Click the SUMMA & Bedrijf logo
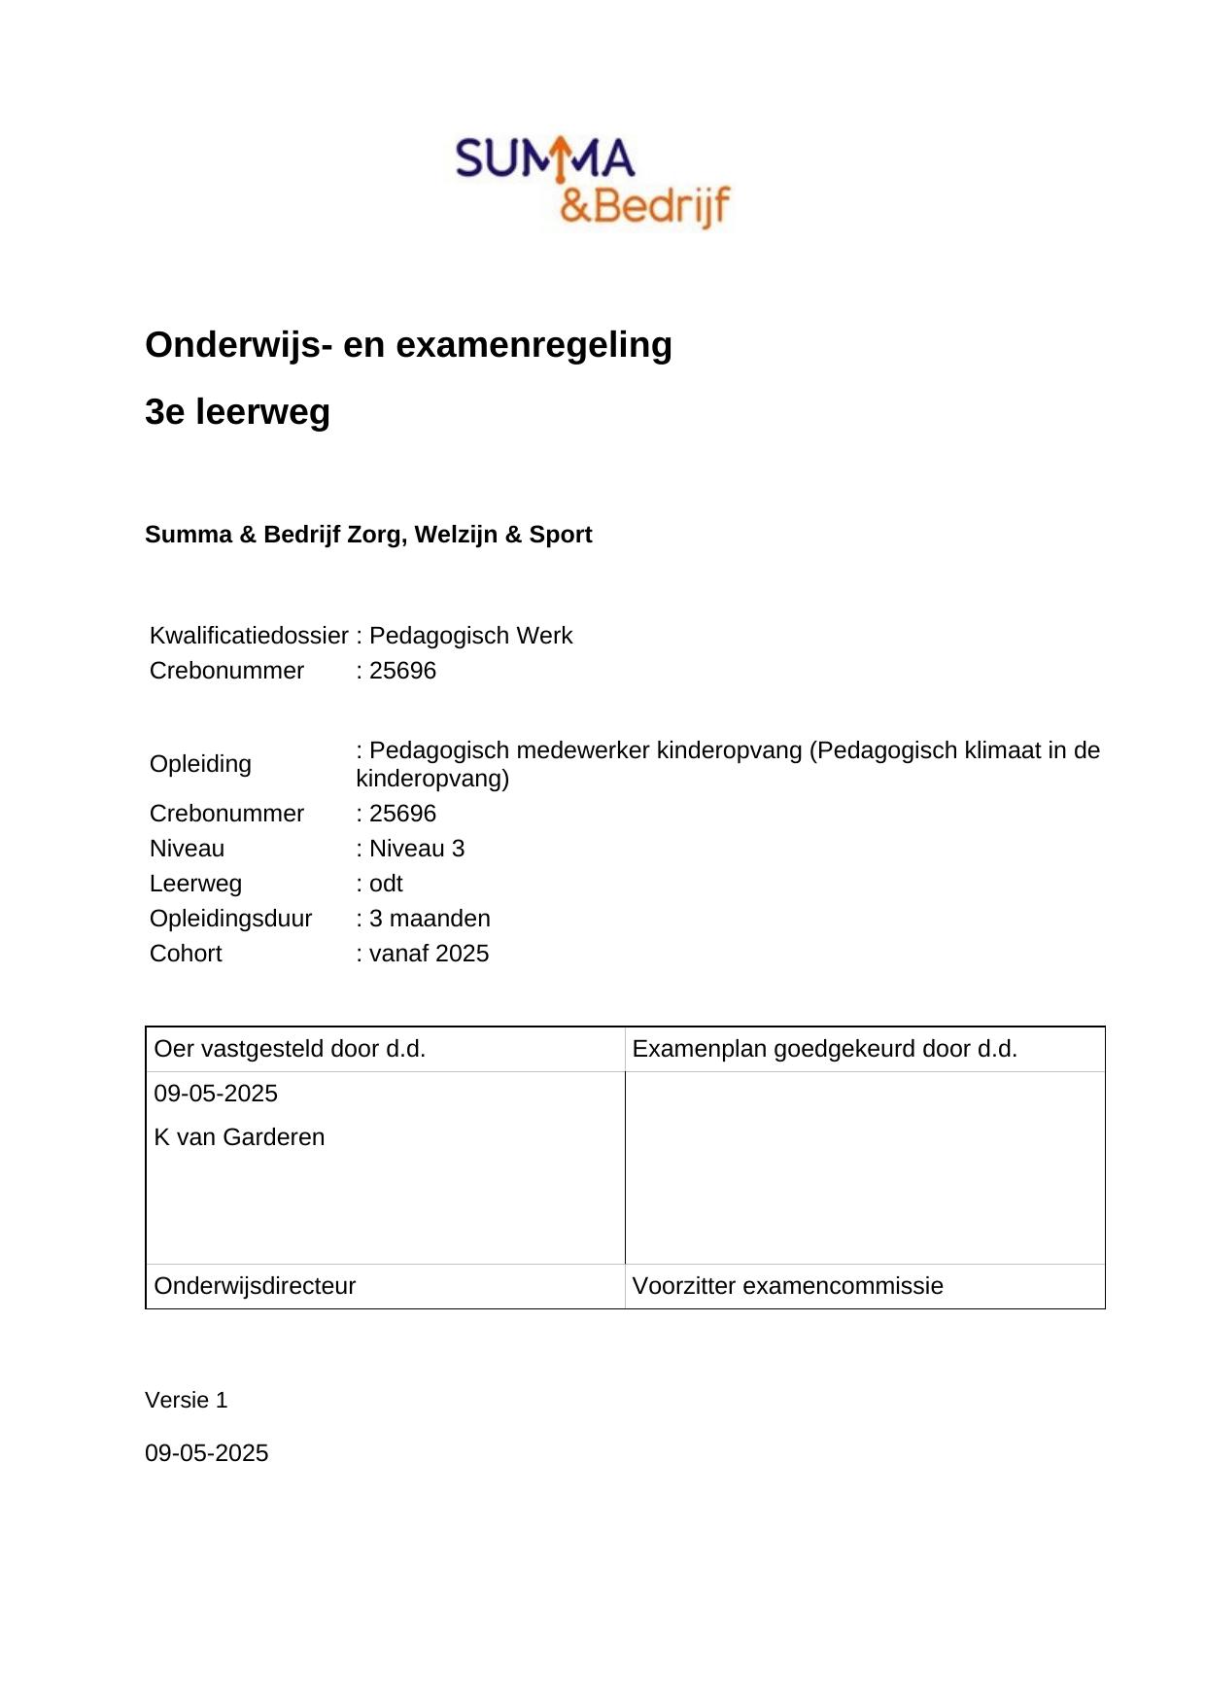[x=593, y=182]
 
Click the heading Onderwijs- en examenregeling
[x=408, y=345]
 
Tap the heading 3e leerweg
[x=237, y=412]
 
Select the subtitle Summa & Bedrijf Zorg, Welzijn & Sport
[x=368, y=535]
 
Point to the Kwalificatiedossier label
[x=249, y=636]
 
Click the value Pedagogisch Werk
[x=470, y=636]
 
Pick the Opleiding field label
[x=200, y=764]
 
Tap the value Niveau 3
[x=416, y=849]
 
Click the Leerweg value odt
[x=385, y=884]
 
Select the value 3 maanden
[x=429, y=919]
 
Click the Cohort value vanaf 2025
[x=428, y=954]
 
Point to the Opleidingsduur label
[x=231, y=919]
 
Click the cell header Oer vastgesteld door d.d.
[x=290, y=1049]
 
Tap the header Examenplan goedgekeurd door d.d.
[x=824, y=1049]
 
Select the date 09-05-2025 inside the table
[x=216, y=1094]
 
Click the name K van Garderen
[x=239, y=1137]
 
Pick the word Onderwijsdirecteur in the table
[x=255, y=1286]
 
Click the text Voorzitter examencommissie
[x=787, y=1286]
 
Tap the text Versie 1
[x=186, y=1400]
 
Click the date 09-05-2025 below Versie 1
[x=206, y=1453]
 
